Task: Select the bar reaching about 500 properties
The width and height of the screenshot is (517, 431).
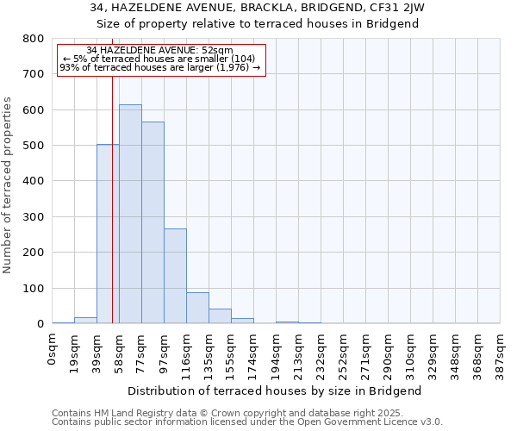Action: [x=108, y=234]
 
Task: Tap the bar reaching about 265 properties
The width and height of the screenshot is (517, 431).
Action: [x=175, y=276]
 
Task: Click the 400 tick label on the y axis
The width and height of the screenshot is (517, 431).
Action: [x=34, y=182]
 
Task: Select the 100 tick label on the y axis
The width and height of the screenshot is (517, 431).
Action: [x=34, y=289]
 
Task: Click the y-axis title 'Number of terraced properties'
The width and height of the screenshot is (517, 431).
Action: [x=8, y=185]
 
